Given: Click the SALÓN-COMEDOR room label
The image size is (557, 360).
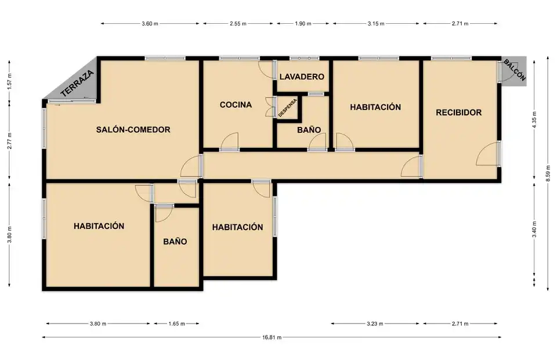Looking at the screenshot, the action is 133,130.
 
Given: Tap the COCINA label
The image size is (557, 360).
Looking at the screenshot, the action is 236,105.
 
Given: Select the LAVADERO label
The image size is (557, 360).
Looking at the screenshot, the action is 302,77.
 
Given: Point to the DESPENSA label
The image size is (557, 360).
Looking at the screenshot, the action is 287,108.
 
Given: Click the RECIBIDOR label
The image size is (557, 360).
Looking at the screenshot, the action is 458,112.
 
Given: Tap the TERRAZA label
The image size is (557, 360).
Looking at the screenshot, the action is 77,83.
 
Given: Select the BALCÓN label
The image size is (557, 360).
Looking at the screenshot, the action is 515,70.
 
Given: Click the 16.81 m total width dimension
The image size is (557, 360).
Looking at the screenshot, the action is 272,337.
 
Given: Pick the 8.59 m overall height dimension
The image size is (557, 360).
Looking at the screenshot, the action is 547,174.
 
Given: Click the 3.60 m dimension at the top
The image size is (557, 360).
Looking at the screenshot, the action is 150,24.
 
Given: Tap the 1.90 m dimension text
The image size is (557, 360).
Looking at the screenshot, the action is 303,24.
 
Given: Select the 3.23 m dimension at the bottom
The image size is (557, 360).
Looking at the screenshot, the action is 375,324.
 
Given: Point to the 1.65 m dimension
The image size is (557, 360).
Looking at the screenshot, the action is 176,324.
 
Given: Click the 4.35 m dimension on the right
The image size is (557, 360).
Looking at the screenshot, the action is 534,119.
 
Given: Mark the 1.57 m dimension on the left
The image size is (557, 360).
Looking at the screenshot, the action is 10,81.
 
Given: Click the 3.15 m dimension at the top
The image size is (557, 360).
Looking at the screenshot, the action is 376,24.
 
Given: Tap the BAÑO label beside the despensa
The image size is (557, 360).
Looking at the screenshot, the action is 309,130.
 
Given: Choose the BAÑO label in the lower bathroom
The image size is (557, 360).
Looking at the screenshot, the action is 175,242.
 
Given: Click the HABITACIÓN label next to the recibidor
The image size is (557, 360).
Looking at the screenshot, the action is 375,107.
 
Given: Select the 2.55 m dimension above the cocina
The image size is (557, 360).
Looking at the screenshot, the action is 238,24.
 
